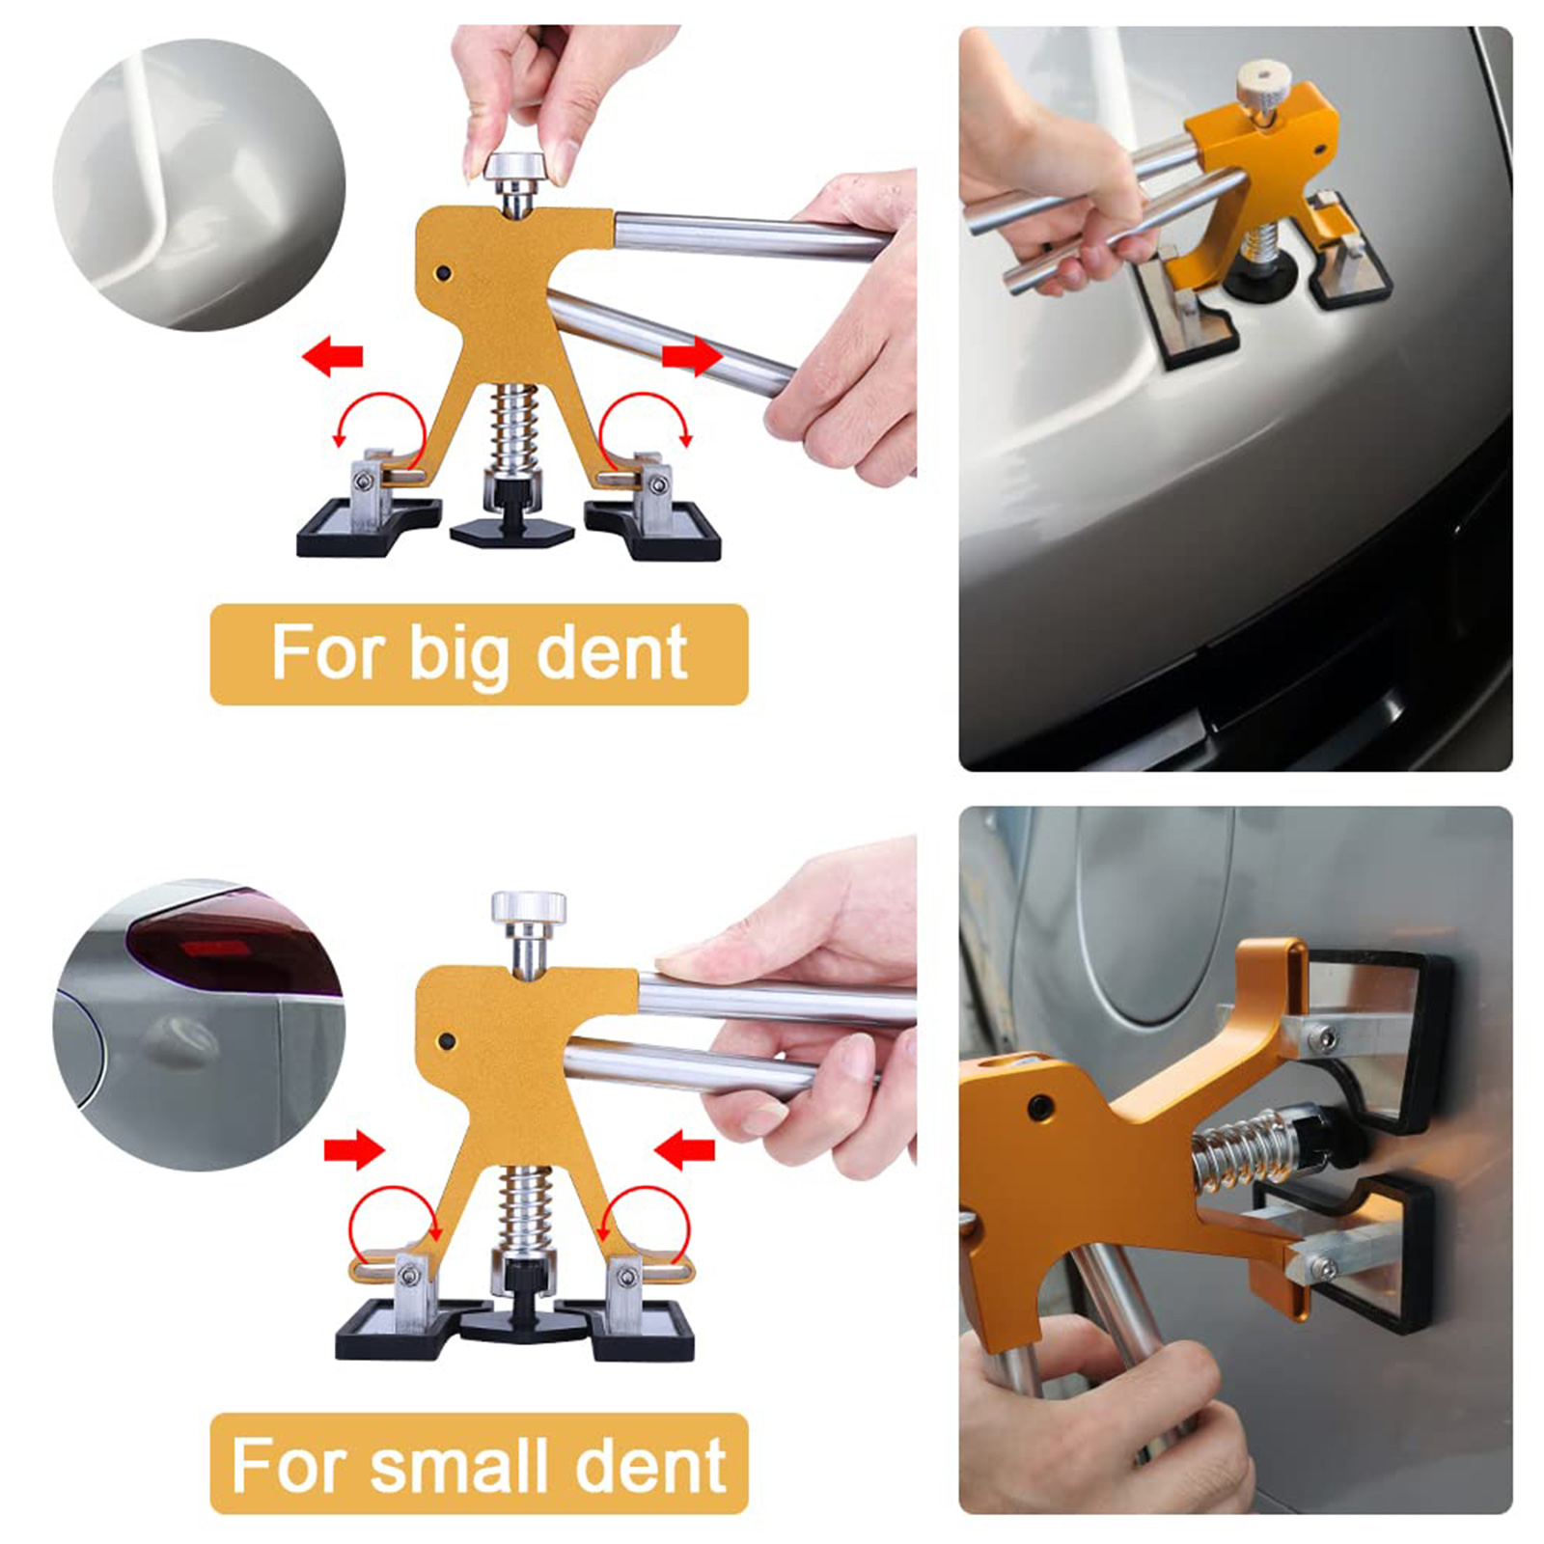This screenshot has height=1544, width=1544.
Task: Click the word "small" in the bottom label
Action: (461, 1464)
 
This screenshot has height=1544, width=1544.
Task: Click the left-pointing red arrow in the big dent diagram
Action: (332, 357)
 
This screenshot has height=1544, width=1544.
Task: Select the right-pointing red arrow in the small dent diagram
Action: (354, 1147)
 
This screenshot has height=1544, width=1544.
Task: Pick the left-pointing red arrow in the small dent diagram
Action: (684, 1149)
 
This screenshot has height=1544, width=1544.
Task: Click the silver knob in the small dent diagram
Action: (528, 908)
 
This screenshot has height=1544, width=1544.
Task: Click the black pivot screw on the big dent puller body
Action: (443, 273)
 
